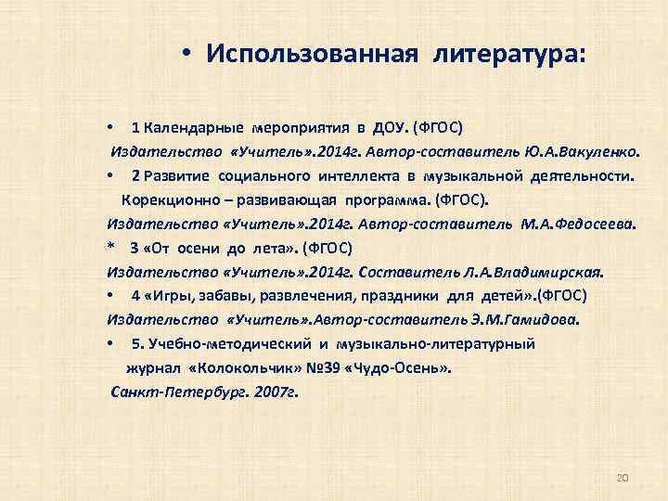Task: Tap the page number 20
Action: [x=623, y=477]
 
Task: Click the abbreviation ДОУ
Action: [x=389, y=127]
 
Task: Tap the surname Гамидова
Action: [x=539, y=320]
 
